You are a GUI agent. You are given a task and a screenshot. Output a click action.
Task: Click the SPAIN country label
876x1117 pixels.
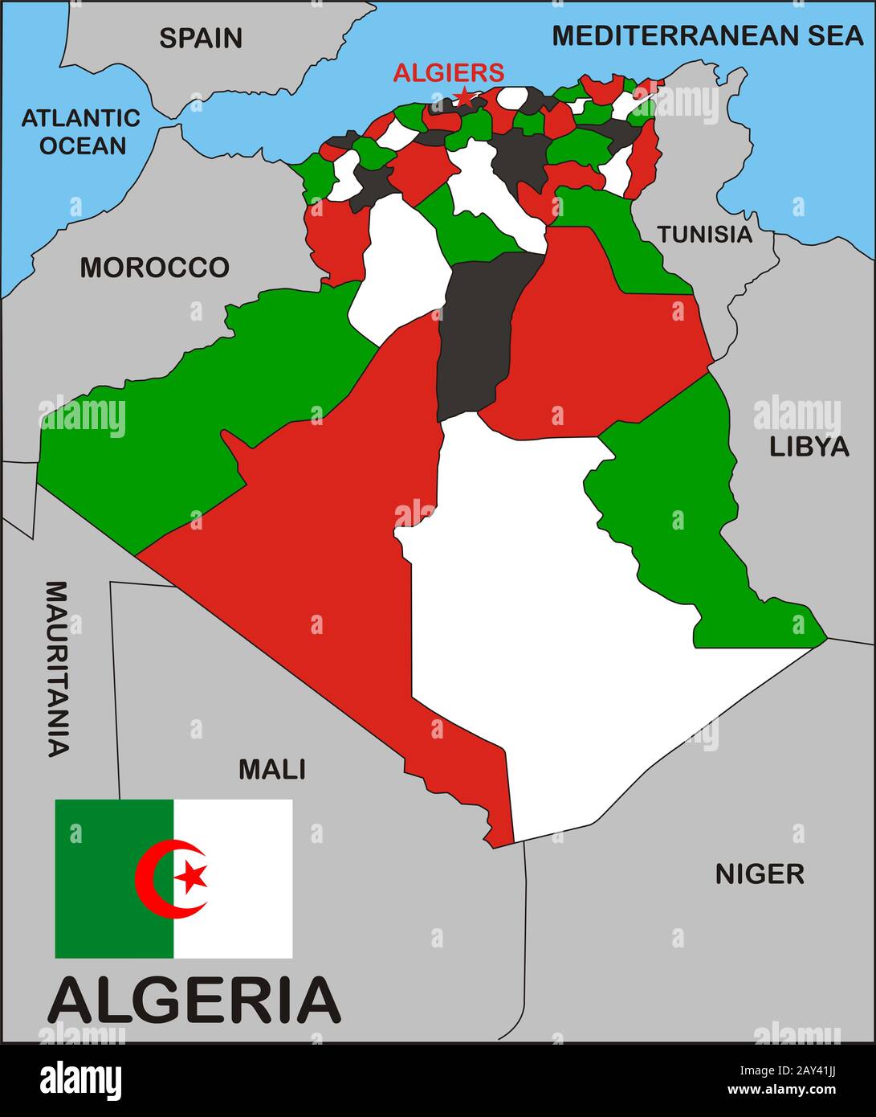[200, 38]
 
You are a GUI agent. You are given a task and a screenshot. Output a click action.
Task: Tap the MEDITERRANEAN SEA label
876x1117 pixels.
[707, 35]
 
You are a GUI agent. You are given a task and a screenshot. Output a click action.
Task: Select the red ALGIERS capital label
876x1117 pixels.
[449, 73]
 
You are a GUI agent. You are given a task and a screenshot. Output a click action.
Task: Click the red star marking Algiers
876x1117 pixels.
[464, 98]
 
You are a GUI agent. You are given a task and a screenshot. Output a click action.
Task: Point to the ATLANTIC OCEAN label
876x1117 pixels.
[81, 132]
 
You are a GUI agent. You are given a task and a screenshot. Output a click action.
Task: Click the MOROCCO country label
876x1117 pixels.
[154, 268]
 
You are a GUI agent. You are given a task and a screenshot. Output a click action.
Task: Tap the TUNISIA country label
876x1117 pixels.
[705, 234]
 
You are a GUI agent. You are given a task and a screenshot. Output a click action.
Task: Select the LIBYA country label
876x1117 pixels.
[809, 447]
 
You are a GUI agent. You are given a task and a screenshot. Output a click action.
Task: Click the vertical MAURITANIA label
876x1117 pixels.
[56, 668]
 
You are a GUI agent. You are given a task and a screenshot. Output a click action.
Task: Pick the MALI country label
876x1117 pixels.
[272, 769]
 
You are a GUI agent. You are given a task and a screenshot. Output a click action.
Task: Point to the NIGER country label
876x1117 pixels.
[760, 874]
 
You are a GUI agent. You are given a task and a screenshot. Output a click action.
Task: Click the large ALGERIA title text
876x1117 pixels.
[194, 1000]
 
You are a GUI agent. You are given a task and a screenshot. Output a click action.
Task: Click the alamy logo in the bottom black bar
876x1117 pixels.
[80, 1079]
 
